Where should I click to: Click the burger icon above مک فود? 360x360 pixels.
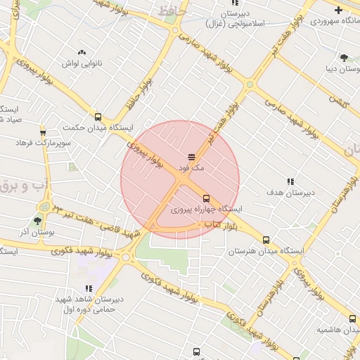tap(191, 156)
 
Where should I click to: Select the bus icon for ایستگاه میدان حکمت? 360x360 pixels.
tap(98, 117)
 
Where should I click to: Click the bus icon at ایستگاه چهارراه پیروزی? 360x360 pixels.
tap(206, 198)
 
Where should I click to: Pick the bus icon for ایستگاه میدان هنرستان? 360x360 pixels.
tap(266, 240)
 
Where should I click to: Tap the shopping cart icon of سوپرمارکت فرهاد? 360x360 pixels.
tap(43, 132)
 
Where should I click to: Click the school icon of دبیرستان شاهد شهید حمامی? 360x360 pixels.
tap(89, 288)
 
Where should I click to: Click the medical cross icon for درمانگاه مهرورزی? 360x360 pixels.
tap(338, 10)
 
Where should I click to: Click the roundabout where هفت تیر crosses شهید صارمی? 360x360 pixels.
tap(249, 85)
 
